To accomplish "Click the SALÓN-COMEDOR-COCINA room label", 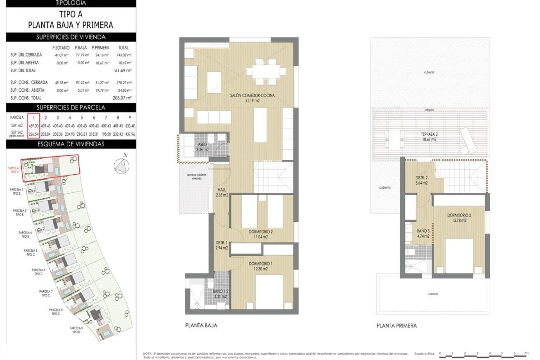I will [x=252, y=98].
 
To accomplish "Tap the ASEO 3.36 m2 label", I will [x=202, y=147].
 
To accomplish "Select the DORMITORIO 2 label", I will [x=260, y=234].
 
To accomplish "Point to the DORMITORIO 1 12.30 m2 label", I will [x=260, y=266].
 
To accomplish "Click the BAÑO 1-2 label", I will [x=220, y=294].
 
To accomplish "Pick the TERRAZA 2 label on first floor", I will [x=429, y=137].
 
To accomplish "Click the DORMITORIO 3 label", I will [x=459, y=218].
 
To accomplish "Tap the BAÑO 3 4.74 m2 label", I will [x=423, y=233].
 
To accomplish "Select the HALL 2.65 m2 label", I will [x=222, y=192].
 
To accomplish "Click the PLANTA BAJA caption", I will [x=201, y=325].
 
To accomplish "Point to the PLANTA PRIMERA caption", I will [x=397, y=326].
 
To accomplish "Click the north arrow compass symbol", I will [x=121, y=166].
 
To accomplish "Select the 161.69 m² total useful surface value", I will [x=122, y=71].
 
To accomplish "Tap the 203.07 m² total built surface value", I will [x=122, y=98].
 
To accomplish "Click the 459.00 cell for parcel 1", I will [x=33, y=126].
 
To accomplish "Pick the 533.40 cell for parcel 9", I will [x=130, y=126].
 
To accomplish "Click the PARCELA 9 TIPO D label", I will [x=76, y=330].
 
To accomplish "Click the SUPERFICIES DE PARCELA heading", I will [x=71, y=107].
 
